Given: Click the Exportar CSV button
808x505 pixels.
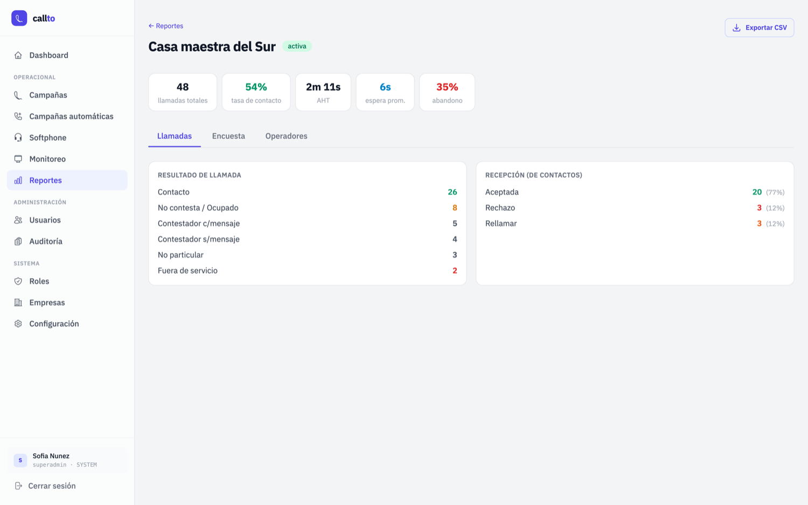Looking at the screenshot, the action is tap(760, 28).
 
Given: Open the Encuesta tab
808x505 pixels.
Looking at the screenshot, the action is tap(228, 136).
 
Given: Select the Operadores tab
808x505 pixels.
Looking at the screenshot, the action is tap(287, 136).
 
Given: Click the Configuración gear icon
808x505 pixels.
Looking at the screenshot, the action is tap(18, 324).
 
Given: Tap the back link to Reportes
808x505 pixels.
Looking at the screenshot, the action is tap(166, 26).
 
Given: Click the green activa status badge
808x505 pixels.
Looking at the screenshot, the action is tap(297, 46).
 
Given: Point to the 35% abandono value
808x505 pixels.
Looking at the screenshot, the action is tap(447, 87).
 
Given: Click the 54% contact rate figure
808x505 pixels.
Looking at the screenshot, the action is tap(256, 87).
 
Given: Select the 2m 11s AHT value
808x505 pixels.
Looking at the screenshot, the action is tap(323, 87).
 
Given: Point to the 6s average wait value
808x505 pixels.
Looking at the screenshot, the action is tap(385, 87).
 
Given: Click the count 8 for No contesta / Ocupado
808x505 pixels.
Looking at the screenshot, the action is tap(455, 208).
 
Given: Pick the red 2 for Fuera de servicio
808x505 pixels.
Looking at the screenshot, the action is tap(455, 271).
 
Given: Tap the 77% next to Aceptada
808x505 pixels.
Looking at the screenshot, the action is tap(775, 192).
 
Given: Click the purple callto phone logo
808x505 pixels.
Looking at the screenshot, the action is tap(19, 18).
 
